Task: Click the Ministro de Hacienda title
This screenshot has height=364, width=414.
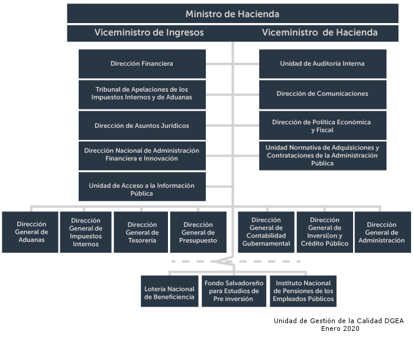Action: click(232, 14)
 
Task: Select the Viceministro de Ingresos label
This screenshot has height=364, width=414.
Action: click(149, 33)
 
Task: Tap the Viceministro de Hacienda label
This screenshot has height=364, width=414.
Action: click(319, 33)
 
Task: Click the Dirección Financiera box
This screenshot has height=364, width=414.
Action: click(142, 64)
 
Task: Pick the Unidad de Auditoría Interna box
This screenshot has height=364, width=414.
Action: click(323, 64)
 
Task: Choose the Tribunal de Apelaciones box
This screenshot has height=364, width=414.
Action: click(142, 95)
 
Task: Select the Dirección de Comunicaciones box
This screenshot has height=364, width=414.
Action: click(323, 95)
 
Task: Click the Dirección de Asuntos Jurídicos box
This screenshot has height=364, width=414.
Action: click(142, 125)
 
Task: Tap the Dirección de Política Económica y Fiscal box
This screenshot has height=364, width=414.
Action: click(323, 125)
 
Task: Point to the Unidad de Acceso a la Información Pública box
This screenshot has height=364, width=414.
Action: click(142, 187)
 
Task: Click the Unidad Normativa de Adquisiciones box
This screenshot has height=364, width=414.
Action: click(323, 156)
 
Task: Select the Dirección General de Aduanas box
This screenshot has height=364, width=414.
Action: click(30, 232)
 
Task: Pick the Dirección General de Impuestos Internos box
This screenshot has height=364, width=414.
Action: click(86, 232)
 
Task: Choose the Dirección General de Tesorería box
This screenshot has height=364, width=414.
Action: click(141, 232)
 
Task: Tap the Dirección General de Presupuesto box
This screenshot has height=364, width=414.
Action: click(198, 232)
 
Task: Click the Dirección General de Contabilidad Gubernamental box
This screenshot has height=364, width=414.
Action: click(266, 232)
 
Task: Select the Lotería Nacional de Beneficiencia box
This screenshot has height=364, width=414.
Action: click(170, 291)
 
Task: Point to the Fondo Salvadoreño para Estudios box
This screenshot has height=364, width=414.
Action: click(234, 291)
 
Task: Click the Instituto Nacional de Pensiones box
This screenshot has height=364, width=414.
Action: click(303, 291)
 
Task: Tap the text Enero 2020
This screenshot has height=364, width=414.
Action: click(340, 328)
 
